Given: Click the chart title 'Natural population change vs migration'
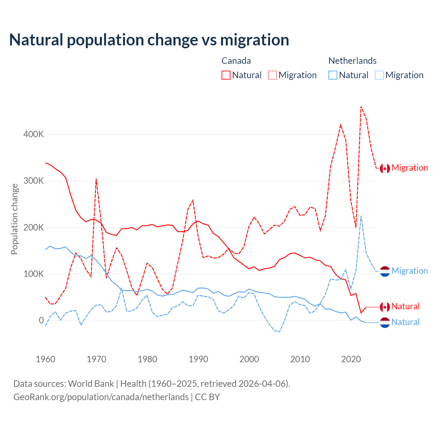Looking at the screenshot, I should click(149, 40).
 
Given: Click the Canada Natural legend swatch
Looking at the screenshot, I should click(226, 75).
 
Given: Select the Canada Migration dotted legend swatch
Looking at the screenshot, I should click(272, 75).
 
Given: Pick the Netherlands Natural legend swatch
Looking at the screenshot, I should click(333, 75).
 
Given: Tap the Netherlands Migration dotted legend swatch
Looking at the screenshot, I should click(379, 75).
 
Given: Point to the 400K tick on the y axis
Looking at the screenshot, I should click(33, 135).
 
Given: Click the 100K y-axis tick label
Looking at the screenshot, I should click(33, 274).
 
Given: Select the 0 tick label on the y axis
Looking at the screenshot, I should click(41, 320).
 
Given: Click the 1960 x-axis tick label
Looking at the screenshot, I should click(45, 359).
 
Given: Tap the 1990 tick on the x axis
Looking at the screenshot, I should click(198, 359).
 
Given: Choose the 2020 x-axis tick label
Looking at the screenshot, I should click(351, 359).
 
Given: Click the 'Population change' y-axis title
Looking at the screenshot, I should click(14, 219).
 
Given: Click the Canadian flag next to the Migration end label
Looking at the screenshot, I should click(385, 168).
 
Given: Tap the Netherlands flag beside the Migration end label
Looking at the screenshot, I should click(385, 271).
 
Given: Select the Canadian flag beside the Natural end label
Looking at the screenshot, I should click(385, 307).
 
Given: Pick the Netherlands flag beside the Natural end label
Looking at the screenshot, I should click(385, 322).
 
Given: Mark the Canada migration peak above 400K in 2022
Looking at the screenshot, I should click(361, 107).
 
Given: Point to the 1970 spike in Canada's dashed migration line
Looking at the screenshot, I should click(96, 179).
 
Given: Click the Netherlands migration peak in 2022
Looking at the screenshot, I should click(361, 216).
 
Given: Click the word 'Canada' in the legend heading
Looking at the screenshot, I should click(236, 61).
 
